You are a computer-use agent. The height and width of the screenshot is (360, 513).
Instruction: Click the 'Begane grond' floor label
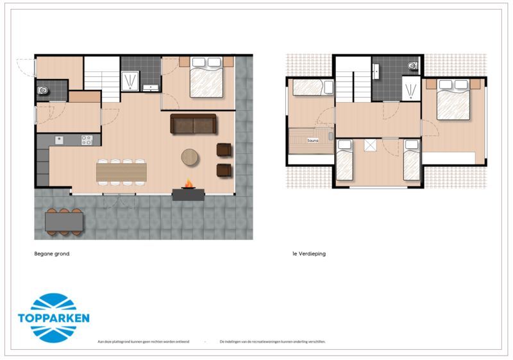pos(51,254)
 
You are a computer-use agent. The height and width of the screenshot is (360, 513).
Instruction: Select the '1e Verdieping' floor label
pos(308,254)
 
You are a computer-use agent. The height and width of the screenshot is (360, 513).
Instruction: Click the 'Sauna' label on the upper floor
pos(313,140)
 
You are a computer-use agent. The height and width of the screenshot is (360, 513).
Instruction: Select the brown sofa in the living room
pos(194,124)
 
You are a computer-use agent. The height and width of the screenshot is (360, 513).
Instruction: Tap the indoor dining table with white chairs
pos(121,171)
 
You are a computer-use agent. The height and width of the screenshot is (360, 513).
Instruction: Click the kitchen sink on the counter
pos(60,139)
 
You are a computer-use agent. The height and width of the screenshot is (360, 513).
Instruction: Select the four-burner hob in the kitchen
pos(87,139)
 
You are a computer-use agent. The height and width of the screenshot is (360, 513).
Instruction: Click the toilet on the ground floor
pos(43,90)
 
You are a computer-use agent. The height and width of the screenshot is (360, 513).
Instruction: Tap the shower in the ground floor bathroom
pos(131,80)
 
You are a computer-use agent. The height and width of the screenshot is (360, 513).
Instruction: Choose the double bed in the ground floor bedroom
pos(206,78)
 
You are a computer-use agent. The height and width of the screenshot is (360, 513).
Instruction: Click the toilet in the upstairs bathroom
pos(412,65)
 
